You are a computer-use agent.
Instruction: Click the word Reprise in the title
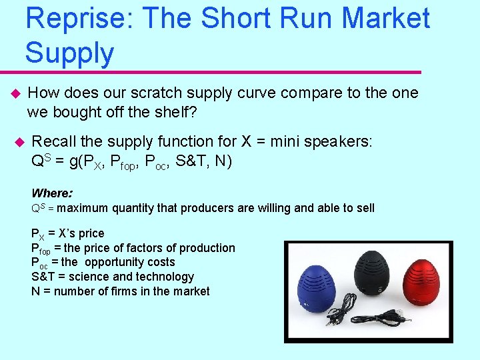75,19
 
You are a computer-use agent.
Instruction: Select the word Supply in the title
69,53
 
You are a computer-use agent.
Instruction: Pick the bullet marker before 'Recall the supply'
19,142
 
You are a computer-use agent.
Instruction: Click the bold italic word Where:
52,193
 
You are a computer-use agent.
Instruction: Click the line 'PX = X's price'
68,233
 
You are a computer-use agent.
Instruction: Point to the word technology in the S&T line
167,277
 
